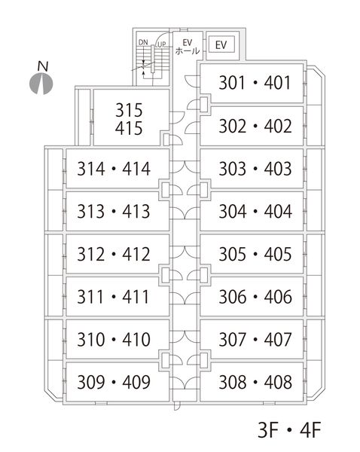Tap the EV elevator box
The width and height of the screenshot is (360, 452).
coord(221,44)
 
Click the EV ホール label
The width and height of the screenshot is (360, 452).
coord(188,47)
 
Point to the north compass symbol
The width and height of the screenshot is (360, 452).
coord(41,84)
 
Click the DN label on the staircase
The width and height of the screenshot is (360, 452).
coord(143,43)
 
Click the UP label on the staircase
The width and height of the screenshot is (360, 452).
coord(162,44)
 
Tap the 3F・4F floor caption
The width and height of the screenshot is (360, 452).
coord(289,430)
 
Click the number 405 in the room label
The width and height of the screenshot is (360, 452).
coord(278,254)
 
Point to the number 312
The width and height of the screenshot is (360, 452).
coord(91,254)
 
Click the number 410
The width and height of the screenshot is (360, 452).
coord(136,339)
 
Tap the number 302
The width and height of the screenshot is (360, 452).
coord(232,126)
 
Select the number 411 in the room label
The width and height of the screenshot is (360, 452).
coord(136,297)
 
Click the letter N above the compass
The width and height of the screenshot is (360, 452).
coord(43,66)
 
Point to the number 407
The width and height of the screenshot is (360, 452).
coord(278,339)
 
